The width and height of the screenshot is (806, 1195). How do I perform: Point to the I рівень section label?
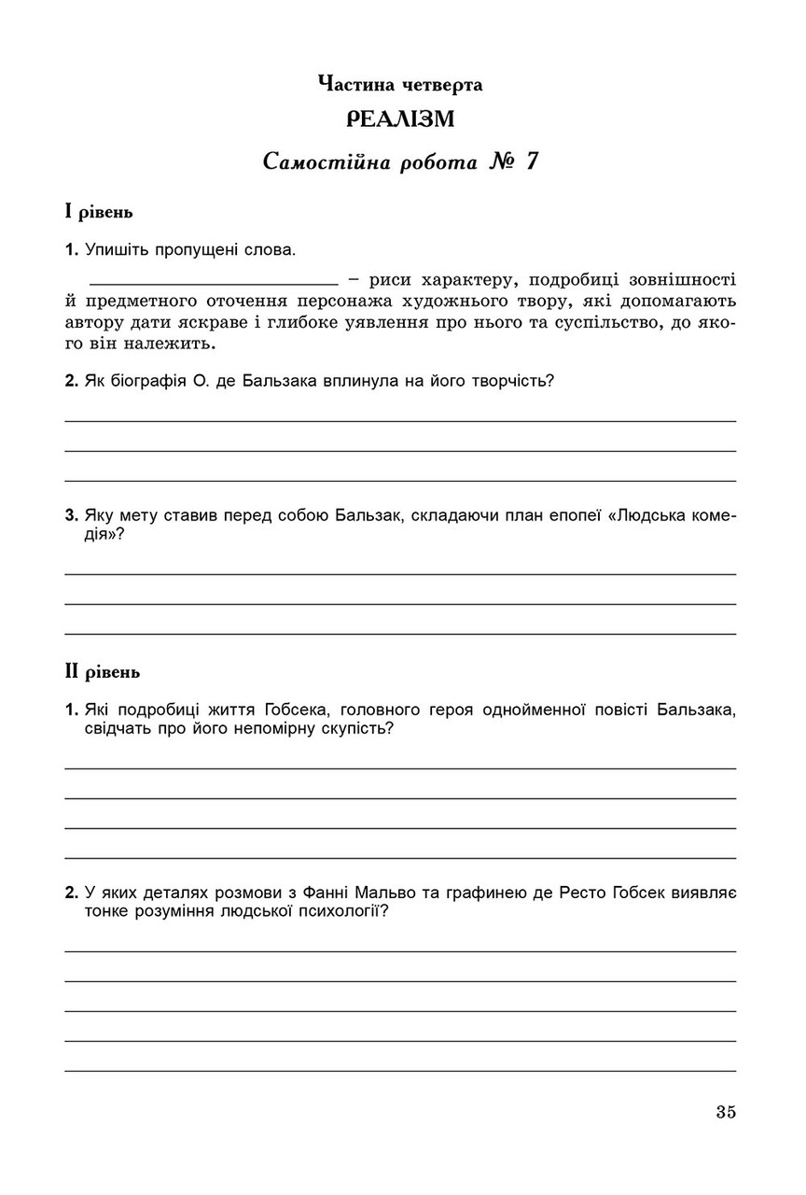(98, 212)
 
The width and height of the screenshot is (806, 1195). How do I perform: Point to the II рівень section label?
(102, 670)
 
